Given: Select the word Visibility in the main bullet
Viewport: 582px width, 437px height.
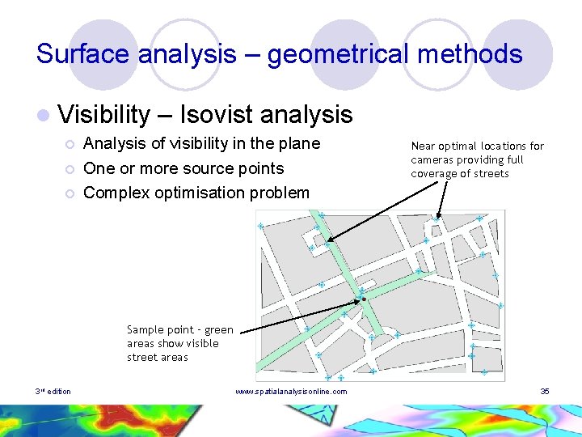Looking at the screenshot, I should pos(103,115).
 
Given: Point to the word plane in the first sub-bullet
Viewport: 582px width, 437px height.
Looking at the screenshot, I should pos(298,143).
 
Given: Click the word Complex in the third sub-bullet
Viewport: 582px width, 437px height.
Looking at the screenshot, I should pos(112,193).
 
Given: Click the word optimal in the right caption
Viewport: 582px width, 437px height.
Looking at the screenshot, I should pos(458,146).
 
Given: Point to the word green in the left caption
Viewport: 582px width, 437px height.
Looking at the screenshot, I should pos(218,329).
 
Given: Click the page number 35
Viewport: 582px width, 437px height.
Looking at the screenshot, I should pos(545,392).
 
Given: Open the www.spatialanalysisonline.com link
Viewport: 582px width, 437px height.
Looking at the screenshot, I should pos(291,392).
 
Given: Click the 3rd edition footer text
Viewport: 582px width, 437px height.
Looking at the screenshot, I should pos(53,392).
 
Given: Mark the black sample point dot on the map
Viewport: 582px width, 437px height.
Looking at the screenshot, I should pos(365,299).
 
